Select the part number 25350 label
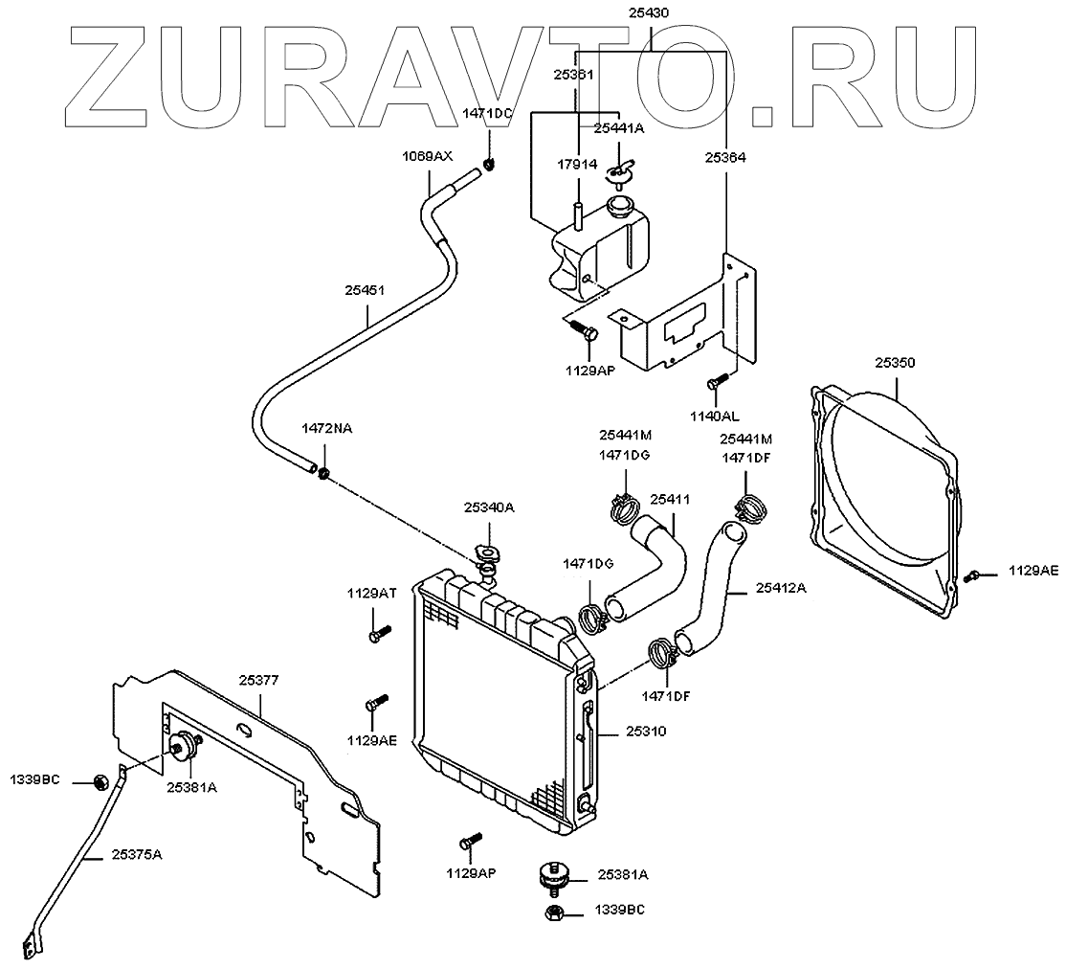[x=895, y=364]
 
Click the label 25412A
[x=781, y=588]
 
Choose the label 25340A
[x=490, y=507]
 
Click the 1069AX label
[x=427, y=155]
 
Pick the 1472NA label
[x=327, y=429]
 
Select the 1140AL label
[x=715, y=417]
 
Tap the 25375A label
[x=137, y=853]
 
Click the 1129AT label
[x=371, y=594]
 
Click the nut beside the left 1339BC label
[x=100, y=782]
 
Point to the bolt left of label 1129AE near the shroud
[x=973, y=575]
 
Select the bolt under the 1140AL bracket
[x=713, y=383]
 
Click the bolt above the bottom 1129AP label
[x=468, y=842]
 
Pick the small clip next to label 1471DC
[x=490, y=163]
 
